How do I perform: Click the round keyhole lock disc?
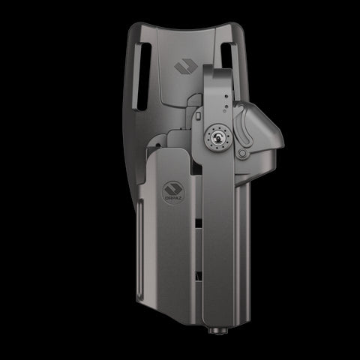(217, 139)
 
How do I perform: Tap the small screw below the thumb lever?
(242, 154)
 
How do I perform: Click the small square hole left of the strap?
(197, 118)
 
